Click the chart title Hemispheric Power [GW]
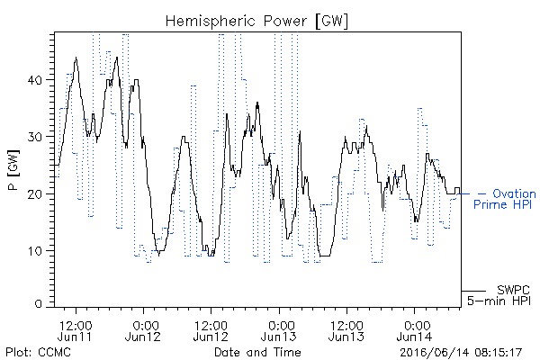pos(256,22)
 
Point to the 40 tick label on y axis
pos(34,80)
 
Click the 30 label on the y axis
pos(34,137)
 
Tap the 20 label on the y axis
pos(34,194)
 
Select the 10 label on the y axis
pos(35,251)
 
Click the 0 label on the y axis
pos(38,303)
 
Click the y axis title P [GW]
pos(13,170)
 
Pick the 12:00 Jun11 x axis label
pos(76,331)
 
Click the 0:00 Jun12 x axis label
pos(143,331)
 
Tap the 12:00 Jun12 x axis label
pos(211,331)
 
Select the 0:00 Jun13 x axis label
pos(279,331)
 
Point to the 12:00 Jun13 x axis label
pos(346,331)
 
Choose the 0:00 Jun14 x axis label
pos(414,331)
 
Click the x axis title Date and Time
pos(257,353)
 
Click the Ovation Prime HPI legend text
pos(505,199)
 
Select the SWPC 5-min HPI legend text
pos(499,295)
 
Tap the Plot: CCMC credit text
pos(39,353)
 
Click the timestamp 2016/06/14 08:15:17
pos(461,353)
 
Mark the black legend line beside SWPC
pos(473,291)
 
